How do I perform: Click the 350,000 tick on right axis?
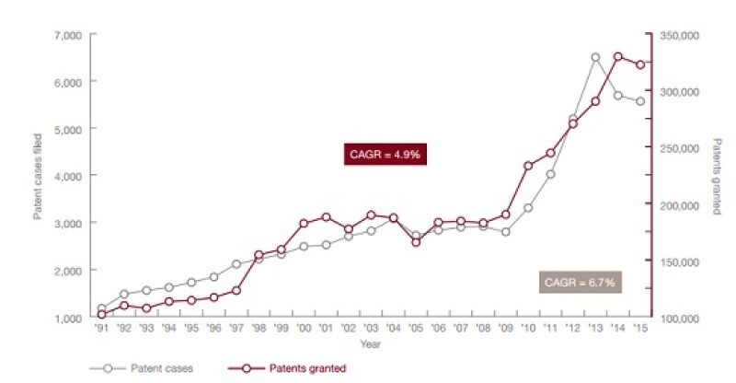679,35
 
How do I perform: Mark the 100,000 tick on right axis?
679,318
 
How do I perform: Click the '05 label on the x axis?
416,328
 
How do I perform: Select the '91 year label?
101,328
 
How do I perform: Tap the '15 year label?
640,328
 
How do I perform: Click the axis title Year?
370,344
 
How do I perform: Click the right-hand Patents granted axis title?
719,177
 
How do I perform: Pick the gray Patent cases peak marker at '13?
595,57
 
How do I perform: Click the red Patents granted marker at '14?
618,57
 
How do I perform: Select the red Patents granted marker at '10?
528,166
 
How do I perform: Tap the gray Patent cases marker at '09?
505,232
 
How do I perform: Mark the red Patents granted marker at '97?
236,290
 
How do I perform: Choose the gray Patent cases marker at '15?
640,101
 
